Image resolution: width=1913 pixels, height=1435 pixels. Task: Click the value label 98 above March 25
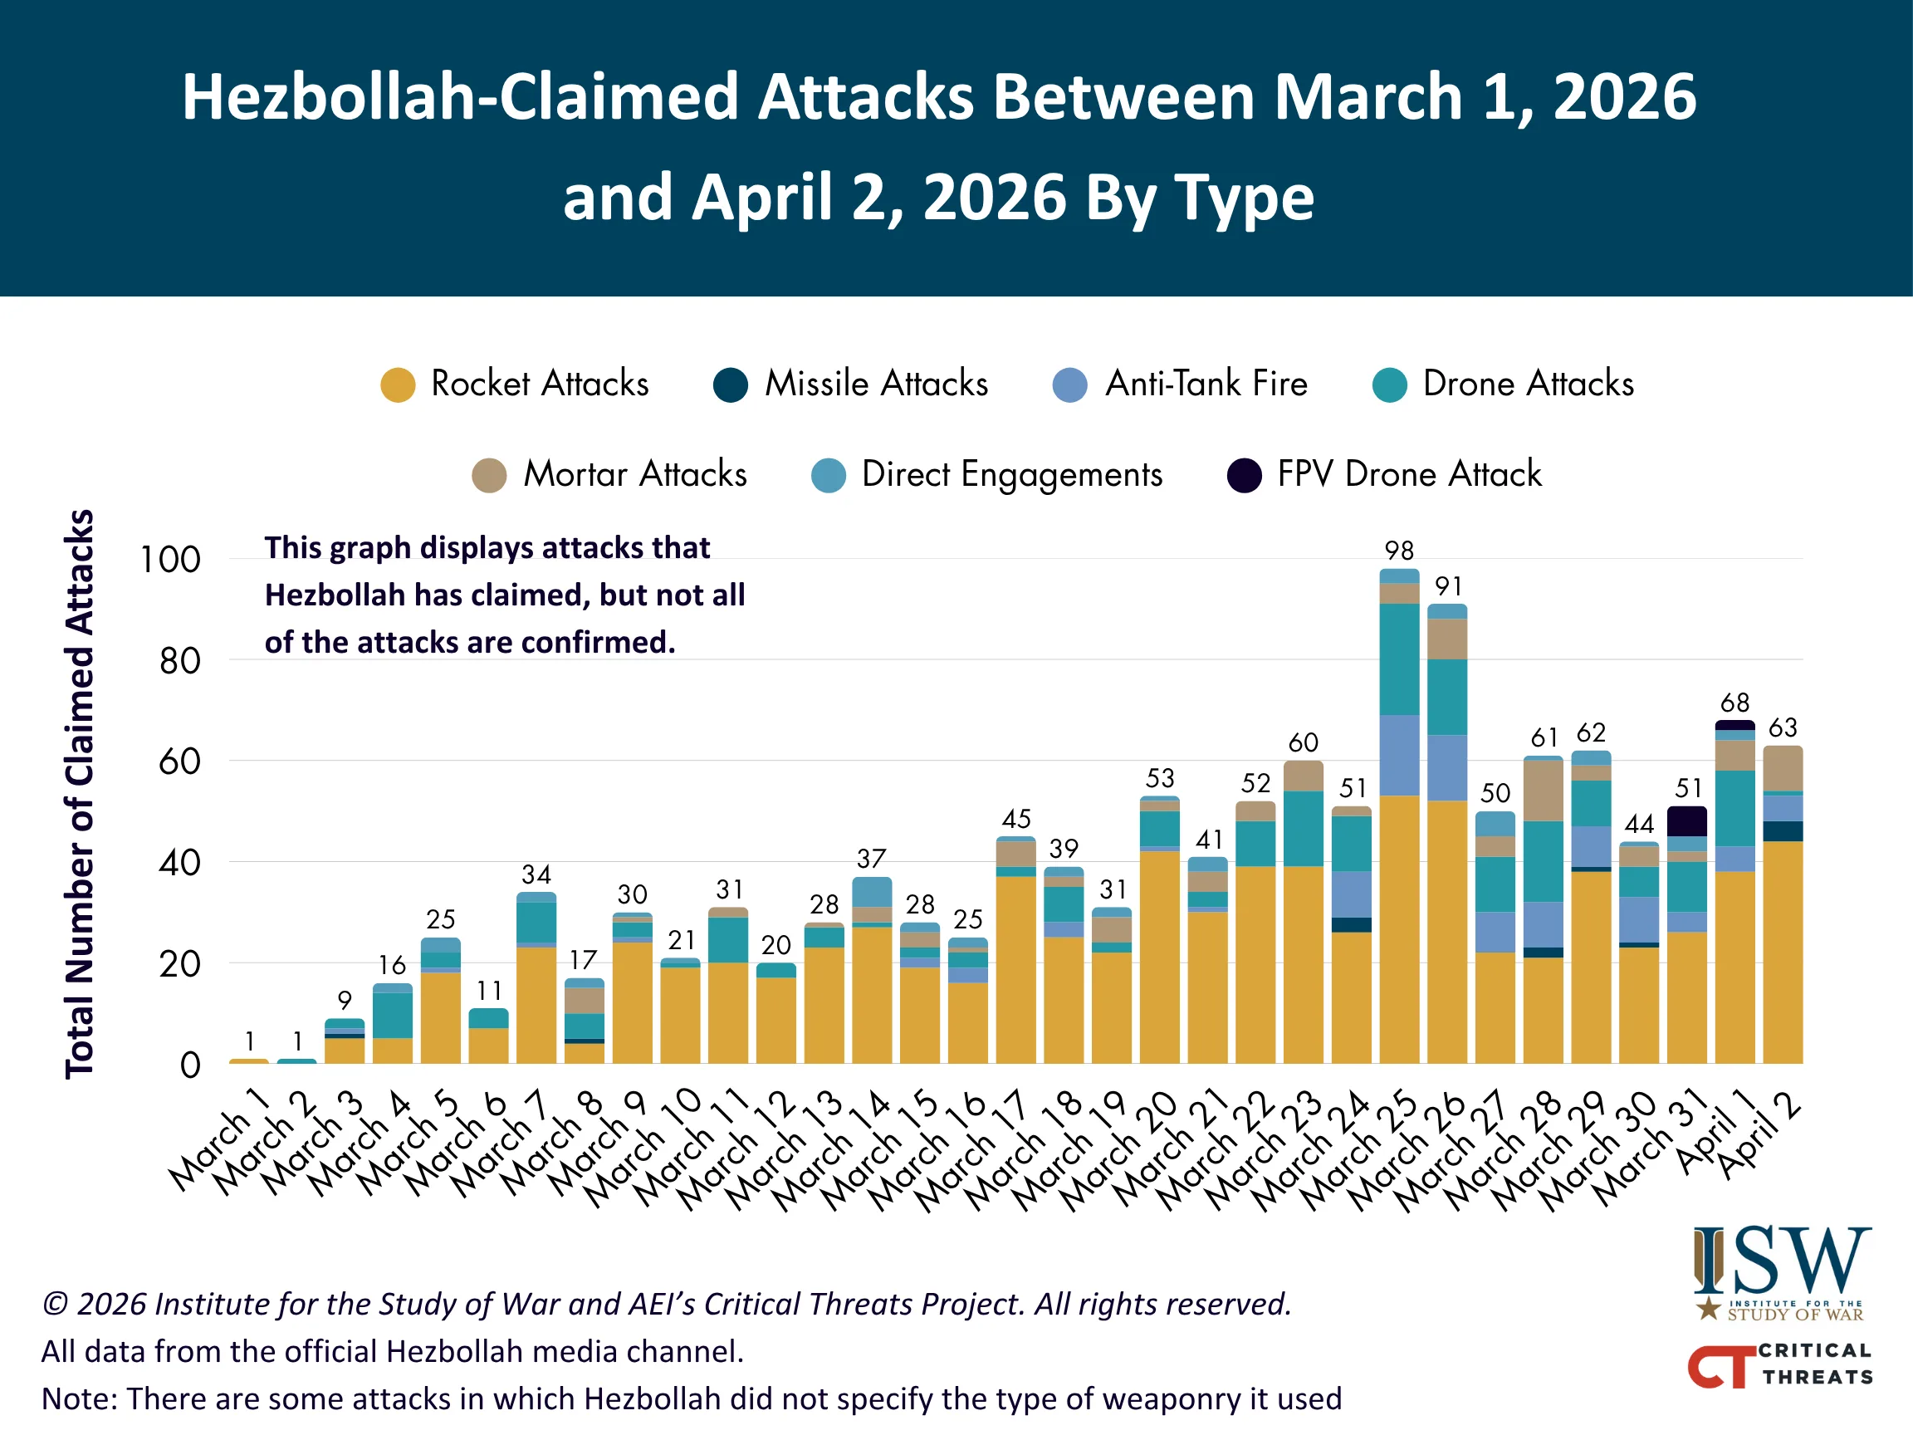tap(1398, 550)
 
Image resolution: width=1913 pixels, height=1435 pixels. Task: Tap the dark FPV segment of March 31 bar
tap(1686, 820)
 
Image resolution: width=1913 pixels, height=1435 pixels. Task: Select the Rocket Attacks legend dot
tap(398, 385)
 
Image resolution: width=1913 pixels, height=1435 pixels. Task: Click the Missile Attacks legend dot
tap(731, 385)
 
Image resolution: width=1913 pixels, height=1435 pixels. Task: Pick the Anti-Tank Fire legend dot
tap(1069, 385)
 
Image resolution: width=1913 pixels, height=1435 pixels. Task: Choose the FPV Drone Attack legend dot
tap(1244, 475)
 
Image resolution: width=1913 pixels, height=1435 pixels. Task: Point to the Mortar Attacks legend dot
tap(490, 475)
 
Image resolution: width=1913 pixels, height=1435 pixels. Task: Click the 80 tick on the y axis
tap(180, 662)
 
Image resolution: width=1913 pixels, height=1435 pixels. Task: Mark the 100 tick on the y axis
tap(170, 560)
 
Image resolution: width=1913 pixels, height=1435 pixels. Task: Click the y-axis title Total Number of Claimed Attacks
tap(80, 794)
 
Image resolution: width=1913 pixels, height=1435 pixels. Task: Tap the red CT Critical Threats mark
tap(1721, 1366)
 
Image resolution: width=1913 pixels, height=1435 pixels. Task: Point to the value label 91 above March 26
tap(1448, 586)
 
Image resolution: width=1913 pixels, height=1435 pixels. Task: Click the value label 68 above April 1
tap(1734, 703)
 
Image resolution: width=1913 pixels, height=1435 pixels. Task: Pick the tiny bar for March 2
tap(296, 1060)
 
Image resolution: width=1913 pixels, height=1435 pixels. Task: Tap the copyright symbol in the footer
tap(55, 1305)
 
